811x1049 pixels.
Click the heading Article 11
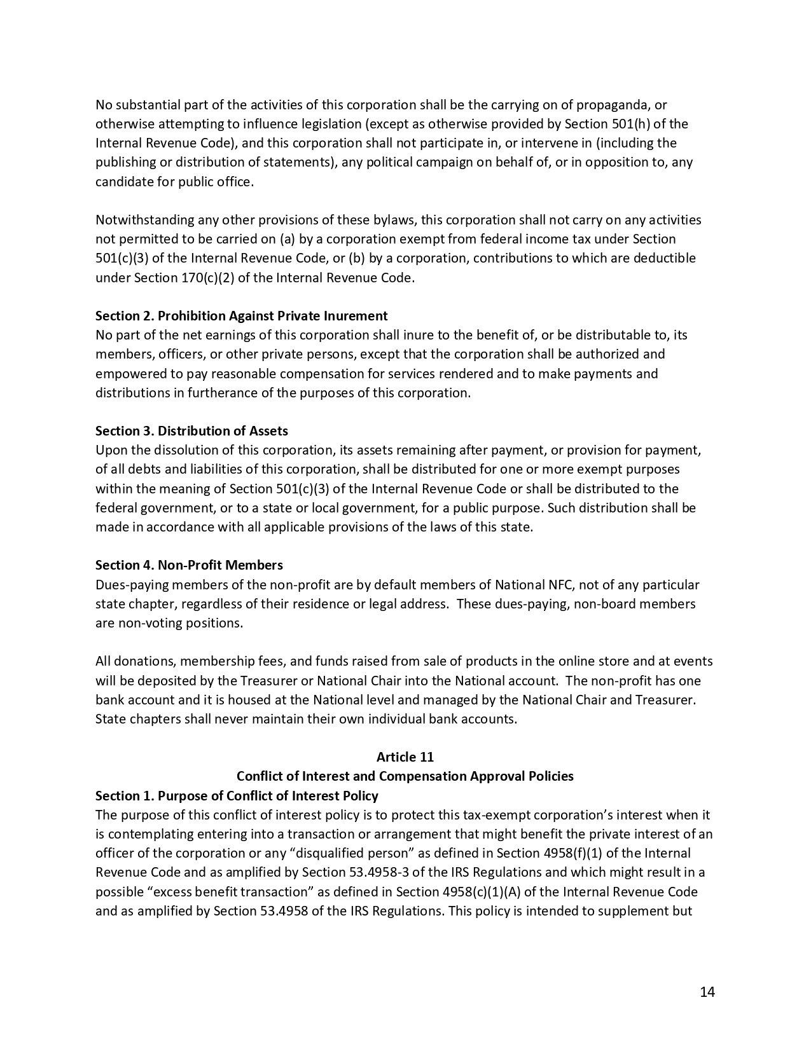click(x=405, y=757)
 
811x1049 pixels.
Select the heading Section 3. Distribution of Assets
click(x=191, y=431)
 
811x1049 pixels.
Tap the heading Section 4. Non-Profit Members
click(x=189, y=565)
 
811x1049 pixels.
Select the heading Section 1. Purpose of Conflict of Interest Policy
click(x=237, y=796)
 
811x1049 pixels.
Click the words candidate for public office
click(x=174, y=182)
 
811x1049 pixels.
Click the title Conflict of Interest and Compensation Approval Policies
click(x=405, y=776)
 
